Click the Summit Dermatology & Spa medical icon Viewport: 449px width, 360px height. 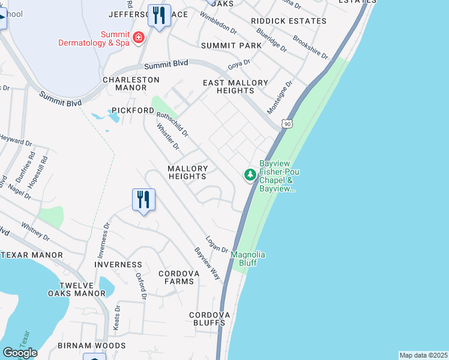[139, 38]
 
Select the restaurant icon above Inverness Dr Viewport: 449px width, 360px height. [143, 199]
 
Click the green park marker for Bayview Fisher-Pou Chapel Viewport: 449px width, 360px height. [250, 175]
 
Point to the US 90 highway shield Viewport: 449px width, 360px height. [288, 123]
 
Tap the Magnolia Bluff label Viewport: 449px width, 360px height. [248, 259]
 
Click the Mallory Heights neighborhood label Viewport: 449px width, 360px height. [187, 172]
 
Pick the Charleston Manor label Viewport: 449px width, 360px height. [131, 83]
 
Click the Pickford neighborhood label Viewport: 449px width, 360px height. [133, 110]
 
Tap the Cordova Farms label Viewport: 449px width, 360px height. [178, 277]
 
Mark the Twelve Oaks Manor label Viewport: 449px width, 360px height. [77, 289]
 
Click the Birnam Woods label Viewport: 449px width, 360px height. [92, 346]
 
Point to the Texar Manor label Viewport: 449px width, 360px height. [32, 255]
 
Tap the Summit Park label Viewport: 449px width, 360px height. [231, 46]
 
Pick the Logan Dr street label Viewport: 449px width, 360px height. [217, 245]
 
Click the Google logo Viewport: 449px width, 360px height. [20, 353]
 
